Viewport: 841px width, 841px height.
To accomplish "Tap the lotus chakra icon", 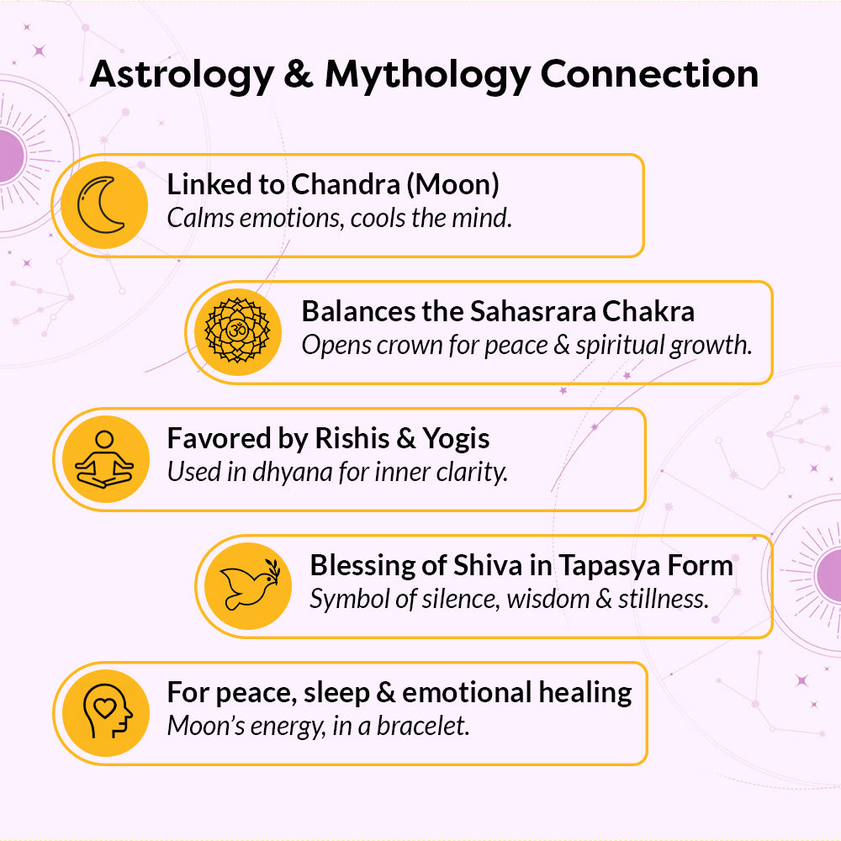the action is pos(238,331).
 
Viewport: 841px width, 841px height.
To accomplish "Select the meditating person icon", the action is pos(104,459).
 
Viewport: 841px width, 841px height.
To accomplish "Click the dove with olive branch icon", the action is pos(250,584).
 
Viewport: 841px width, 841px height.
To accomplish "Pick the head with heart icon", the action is pos(108,711).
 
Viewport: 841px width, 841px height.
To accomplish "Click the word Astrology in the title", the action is pos(182,75).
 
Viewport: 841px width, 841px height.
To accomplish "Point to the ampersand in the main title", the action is pos(299,73).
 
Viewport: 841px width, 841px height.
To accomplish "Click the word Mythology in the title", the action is pos(427,75).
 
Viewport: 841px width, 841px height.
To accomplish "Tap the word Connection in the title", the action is pos(649,73).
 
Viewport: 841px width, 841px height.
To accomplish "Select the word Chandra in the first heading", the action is pos(346,184).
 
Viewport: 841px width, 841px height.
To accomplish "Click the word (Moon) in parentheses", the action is pos(452,185).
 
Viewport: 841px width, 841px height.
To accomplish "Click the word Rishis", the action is pos(352,438).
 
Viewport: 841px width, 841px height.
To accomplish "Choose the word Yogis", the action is pos(456,440).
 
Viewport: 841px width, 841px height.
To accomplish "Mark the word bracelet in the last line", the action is pos(423,726).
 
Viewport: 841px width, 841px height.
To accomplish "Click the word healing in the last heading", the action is pos(585,694).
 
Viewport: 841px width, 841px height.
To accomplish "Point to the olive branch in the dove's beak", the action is pos(273,569).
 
